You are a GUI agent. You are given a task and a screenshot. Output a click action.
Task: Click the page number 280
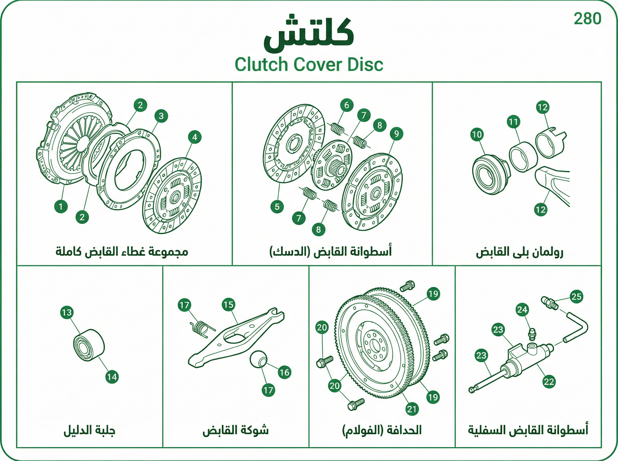point(587,19)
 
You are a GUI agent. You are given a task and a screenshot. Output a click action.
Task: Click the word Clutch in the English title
point(261,65)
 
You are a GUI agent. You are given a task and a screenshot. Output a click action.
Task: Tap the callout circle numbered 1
point(61,207)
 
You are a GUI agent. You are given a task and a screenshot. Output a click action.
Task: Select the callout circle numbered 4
point(195,137)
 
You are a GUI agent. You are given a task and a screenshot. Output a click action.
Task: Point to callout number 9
point(397,134)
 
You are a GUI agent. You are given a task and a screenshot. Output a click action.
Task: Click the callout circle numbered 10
point(477,135)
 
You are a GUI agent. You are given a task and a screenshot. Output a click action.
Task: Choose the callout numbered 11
point(513,122)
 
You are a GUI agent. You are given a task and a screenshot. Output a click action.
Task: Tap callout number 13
point(67,312)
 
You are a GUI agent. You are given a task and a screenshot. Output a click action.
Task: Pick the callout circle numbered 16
point(285,372)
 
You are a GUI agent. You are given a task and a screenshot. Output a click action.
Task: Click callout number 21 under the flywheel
point(412,409)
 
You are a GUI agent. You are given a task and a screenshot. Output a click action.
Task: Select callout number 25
point(576,296)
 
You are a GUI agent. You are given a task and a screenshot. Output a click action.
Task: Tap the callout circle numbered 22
point(549,382)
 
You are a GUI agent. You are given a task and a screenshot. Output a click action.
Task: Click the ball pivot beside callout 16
point(258,360)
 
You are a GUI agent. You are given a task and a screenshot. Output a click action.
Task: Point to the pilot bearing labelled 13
point(89,345)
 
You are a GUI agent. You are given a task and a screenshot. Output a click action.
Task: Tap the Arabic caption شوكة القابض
point(235,430)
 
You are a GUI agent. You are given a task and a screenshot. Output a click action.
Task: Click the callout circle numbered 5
point(277,207)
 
